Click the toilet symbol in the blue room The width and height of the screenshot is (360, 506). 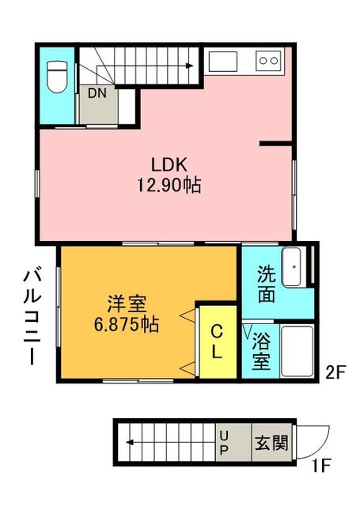[x=57, y=77]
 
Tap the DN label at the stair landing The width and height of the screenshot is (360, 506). [x=97, y=93]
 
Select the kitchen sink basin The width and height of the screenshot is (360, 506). [x=223, y=62]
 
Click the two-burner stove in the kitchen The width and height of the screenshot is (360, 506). [x=269, y=60]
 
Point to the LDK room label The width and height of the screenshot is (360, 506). [x=169, y=165]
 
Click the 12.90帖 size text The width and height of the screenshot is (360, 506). [x=169, y=185]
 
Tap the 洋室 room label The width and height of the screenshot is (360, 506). [x=127, y=304]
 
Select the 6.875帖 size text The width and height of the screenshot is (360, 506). [x=127, y=324]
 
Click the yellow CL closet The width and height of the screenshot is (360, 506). [x=218, y=342]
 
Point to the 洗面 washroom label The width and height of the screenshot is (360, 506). [x=267, y=284]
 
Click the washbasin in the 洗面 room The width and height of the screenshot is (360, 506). [x=294, y=266]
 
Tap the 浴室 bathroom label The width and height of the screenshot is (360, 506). [x=261, y=351]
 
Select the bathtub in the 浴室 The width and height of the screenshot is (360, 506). [x=297, y=351]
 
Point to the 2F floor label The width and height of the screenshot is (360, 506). [x=335, y=373]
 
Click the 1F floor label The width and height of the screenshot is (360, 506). [x=321, y=466]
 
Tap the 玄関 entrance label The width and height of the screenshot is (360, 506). [x=271, y=443]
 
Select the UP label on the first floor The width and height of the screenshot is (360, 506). [x=224, y=443]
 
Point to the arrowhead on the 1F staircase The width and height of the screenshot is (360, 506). [x=130, y=442]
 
